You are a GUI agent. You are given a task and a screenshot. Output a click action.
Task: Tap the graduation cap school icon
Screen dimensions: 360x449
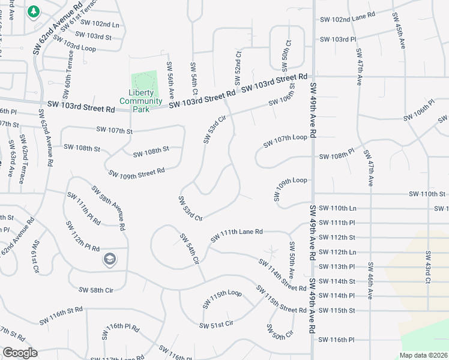[x=109, y=259]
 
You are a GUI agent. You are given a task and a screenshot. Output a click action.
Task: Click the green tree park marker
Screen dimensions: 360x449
[x=34, y=11]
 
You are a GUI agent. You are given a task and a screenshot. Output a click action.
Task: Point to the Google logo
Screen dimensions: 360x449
[x=20, y=353]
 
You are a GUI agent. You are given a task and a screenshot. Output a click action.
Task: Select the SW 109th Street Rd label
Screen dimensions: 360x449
[x=136, y=173]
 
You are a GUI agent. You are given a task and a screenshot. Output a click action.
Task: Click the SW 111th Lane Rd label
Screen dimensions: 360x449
[x=237, y=235]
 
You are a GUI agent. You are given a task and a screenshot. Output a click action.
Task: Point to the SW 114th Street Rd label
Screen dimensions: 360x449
[x=283, y=275]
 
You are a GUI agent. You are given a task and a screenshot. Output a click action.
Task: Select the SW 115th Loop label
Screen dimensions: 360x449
[x=221, y=298]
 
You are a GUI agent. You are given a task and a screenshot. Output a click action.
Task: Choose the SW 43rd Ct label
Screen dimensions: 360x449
[x=428, y=267]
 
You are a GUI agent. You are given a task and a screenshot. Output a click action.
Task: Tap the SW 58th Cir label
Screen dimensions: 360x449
[x=96, y=290]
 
